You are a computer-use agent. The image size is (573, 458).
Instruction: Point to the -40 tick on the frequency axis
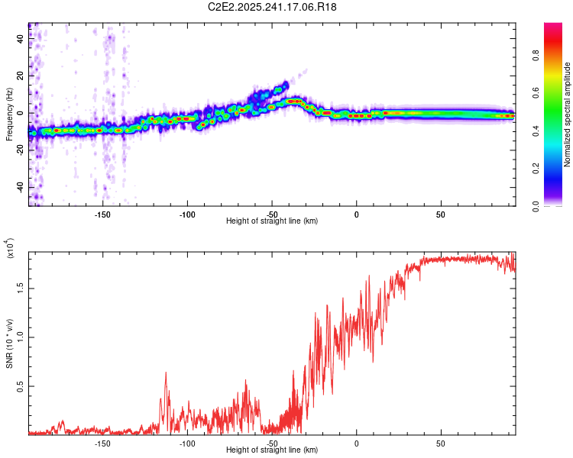click(18, 187)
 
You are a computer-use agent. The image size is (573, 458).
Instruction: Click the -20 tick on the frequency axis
click(18, 150)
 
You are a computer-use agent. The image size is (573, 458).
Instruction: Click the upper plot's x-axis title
click(272, 221)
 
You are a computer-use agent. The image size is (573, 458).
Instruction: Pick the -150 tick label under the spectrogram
click(102, 214)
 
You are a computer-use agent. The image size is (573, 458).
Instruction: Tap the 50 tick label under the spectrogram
click(441, 214)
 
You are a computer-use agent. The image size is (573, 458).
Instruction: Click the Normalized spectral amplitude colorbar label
click(568, 114)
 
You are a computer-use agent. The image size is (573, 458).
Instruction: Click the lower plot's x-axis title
click(272, 450)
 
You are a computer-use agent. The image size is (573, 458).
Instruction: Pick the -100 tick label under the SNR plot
click(187, 443)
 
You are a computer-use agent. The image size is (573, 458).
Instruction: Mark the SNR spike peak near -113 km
click(166, 373)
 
